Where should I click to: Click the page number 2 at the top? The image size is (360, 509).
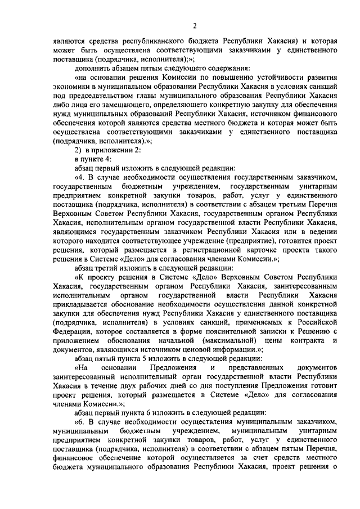click(x=194, y=25)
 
